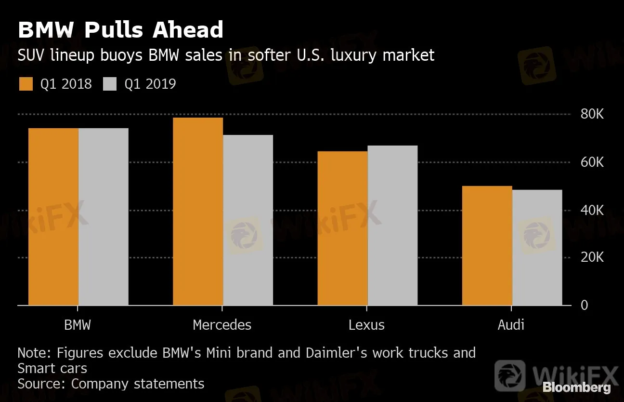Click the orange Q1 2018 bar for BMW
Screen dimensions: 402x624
(x=53, y=217)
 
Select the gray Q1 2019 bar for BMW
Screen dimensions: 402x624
(x=103, y=217)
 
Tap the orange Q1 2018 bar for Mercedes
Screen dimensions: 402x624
(x=197, y=212)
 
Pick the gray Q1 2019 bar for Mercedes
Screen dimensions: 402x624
(x=247, y=220)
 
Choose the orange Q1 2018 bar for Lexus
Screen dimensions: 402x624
(x=342, y=228)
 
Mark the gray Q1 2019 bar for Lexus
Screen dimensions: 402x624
(x=392, y=226)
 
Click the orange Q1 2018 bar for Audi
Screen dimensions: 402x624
(x=487, y=246)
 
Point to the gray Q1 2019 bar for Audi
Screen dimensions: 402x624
(x=537, y=248)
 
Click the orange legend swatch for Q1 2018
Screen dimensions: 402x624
(x=26, y=84)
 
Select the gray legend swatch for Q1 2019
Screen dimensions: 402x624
(x=110, y=84)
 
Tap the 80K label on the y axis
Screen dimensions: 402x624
(x=592, y=115)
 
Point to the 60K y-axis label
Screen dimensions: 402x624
(x=592, y=162)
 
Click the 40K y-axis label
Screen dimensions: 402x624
(x=592, y=210)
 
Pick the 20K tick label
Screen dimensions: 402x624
(x=592, y=258)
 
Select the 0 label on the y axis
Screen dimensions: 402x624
(x=585, y=306)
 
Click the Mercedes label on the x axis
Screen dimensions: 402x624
(x=222, y=325)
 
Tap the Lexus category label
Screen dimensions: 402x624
(x=366, y=325)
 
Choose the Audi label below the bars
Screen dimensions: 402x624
(x=511, y=325)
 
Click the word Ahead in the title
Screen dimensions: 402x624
(x=188, y=30)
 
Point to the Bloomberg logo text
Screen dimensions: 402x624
(x=576, y=387)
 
